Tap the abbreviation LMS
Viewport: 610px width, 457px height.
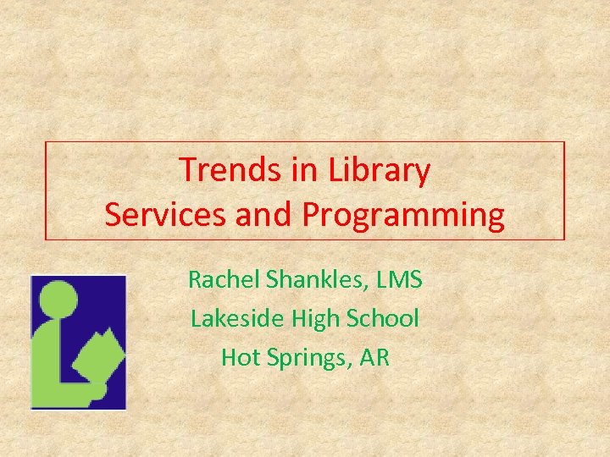coord(401,278)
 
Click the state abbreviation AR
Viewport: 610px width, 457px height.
coord(374,357)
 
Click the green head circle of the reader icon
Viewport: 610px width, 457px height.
coord(59,298)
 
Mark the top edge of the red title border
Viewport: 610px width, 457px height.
coord(305,141)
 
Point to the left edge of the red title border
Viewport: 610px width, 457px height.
coord(46,190)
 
